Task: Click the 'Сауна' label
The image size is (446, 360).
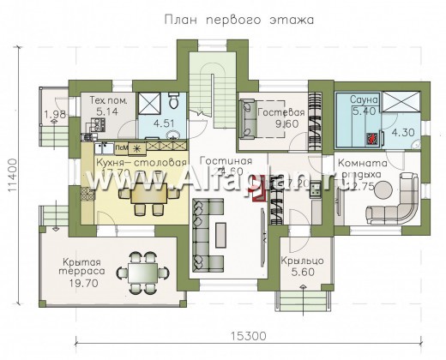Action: pyautogui.click(x=353, y=99)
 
